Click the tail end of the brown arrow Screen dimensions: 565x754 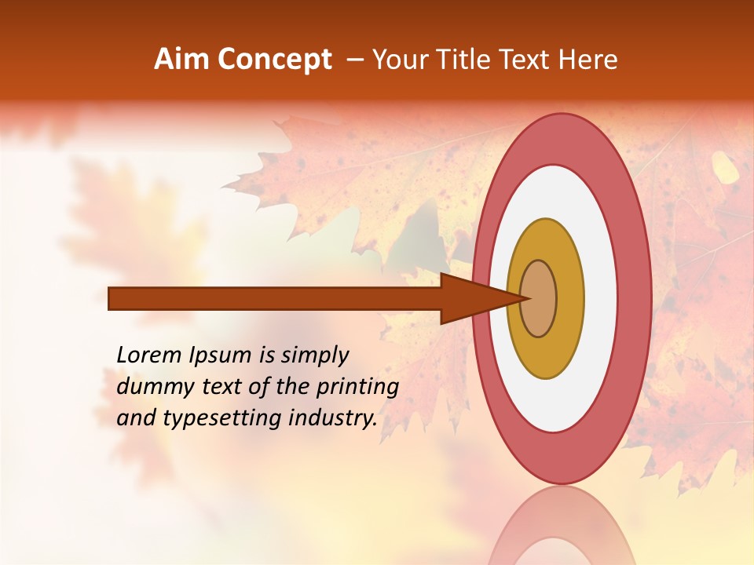pyautogui.click(x=111, y=298)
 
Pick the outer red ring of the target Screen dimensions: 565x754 pyautogui.click(x=636, y=298)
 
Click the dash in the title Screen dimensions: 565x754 pyautogui.click(x=354, y=60)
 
